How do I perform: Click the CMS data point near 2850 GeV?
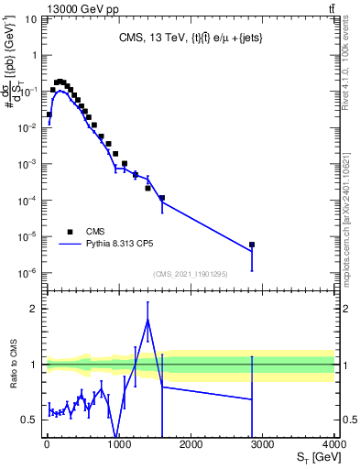pyautogui.click(x=252, y=245)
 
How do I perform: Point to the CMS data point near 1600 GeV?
pyautogui.click(x=162, y=198)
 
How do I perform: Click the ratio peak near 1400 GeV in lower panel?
pyautogui.click(x=147, y=320)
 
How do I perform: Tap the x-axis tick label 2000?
pyautogui.click(x=191, y=445)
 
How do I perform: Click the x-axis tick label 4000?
pyautogui.click(x=333, y=445)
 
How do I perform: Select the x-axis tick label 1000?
pyautogui.click(x=118, y=445)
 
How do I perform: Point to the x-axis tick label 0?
pyautogui.click(x=47, y=445)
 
